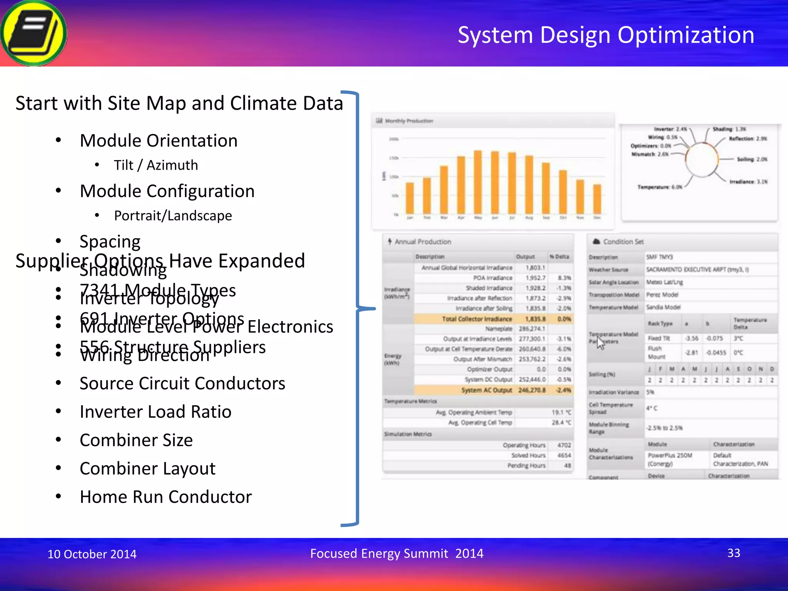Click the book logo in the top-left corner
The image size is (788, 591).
[x=34, y=33]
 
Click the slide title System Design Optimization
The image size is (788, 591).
[x=606, y=35]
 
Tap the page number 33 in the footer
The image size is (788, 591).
[x=733, y=553]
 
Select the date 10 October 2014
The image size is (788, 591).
[x=92, y=554]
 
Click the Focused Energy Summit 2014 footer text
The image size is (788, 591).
[x=397, y=553]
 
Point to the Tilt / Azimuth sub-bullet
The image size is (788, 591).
[x=156, y=165]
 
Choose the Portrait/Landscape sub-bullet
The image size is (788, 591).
[x=173, y=215]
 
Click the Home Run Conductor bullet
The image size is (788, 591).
[x=165, y=497]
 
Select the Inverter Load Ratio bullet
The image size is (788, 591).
[x=155, y=412]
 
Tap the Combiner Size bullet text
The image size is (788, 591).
[x=136, y=440]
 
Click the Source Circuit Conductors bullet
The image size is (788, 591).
[x=182, y=383]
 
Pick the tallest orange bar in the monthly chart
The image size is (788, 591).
[x=478, y=182]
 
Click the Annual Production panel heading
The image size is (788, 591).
[x=422, y=242]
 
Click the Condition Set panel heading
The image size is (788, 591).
[x=623, y=242]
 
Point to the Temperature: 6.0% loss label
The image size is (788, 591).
[x=659, y=187]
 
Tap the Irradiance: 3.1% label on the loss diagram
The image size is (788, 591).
[x=748, y=182]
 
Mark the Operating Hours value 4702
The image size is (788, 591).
[x=564, y=445]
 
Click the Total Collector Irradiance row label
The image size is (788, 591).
[x=477, y=319]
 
